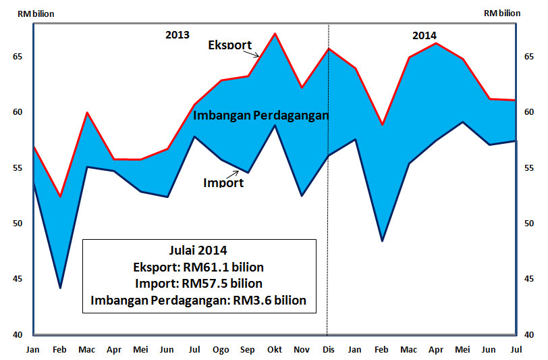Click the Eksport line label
click(x=229, y=46)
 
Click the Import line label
click(x=223, y=182)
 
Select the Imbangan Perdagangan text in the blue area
click(x=261, y=115)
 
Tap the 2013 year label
click(x=177, y=35)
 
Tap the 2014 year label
click(x=424, y=36)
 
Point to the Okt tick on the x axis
click(x=274, y=349)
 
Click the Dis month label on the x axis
click(x=327, y=349)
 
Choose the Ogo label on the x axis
click(x=221, y=349)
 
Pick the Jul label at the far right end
click(x=516, y=349)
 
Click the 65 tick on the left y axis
click(x=18, y=57)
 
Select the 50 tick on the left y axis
click(x=18, y=224)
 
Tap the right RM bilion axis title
click(x=502, y=13)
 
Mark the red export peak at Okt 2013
click(x=274, y=33)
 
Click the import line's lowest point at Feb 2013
click(x=60, y=288)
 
